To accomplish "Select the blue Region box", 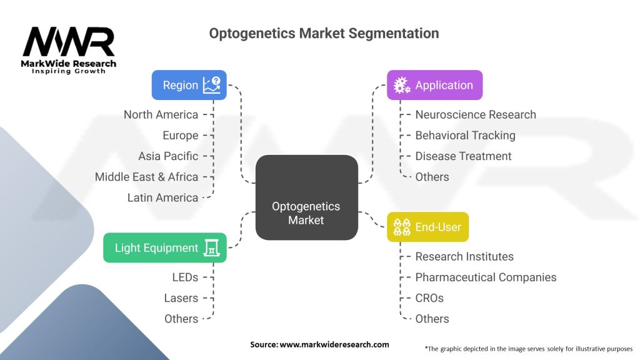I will click(x=189, y=85).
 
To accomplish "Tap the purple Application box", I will click(x=434, y=85).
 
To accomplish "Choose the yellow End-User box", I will click(x=427, y=227).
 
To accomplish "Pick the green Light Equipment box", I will click(x=164, y=247).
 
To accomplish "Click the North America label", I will click(x=161, y=114).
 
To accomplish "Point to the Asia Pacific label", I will click(x=168, y=156).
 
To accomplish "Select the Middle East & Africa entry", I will click(x=146, y=177).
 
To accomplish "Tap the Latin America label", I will click(x=162, y=197).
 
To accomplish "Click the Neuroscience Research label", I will click(x=476, y=114).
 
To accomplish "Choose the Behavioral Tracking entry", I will click(x=465, y=135).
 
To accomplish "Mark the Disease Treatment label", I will click(x=463, y=156).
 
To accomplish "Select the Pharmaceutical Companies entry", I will click(x=486, y=277).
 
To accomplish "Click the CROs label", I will click(x=429, y=297).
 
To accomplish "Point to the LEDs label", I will click(x=185, y=277).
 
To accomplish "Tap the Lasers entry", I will click(x=181, y=297).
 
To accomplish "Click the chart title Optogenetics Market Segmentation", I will click(x=324, y=33).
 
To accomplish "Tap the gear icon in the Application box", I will click(x=400, y=86).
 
